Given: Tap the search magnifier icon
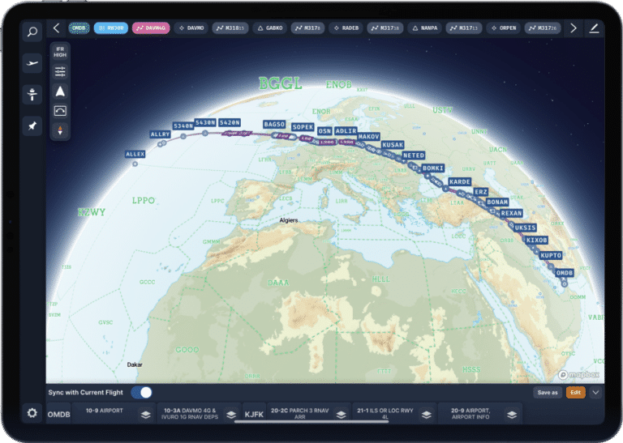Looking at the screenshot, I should [32, 32].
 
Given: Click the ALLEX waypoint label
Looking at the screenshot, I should [135, 154].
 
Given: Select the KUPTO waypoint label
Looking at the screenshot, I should [551, 255].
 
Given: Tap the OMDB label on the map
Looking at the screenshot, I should [564, 274].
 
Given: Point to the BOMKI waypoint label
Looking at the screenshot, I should [433, 168].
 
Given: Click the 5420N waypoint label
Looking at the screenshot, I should [230, 123].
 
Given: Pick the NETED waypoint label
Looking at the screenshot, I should [414, 155].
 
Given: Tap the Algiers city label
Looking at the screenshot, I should [289, 220].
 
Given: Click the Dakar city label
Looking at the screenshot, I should [135, 365].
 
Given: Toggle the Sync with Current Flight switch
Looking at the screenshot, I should [141, 393].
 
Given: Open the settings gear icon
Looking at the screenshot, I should [32, 413].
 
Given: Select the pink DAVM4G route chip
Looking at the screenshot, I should [151, 28].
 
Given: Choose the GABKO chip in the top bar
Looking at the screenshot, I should [270, 28].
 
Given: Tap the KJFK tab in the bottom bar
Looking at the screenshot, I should [255, 414].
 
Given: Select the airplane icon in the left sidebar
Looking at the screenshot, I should [32, 63].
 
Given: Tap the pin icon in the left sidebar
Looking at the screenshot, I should [32, 126].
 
